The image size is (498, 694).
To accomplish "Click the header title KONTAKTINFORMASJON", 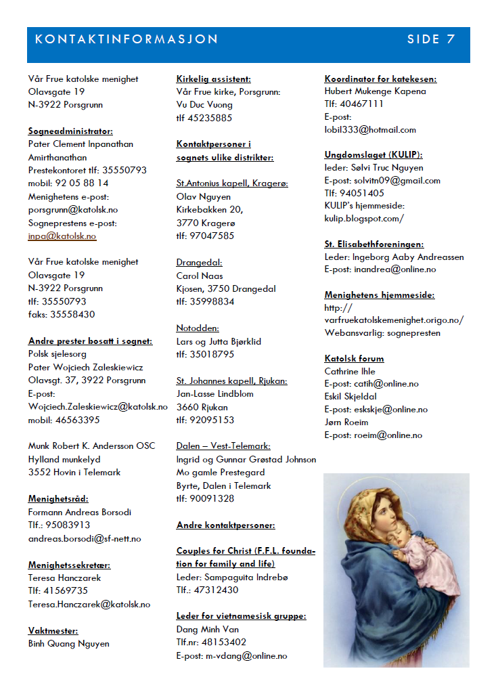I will (127, 39).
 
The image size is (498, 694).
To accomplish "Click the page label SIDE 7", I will (430, 39).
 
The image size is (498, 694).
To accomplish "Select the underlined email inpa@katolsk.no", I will (62, 236).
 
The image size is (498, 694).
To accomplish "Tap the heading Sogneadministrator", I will (70, 131).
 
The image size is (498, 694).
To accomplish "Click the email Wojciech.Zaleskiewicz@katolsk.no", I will (98, 407).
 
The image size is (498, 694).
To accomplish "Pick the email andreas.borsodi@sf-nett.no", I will (85, 538).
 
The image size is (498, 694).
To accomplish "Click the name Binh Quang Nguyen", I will (68, 644).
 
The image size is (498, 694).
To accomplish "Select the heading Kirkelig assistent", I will (213, 79).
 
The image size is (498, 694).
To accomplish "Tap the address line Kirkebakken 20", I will (210, 210).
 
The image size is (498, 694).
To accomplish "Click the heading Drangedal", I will (199, 263).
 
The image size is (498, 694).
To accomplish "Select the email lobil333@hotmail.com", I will (370, 129).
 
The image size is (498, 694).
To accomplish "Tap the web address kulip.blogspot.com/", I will (364, 218).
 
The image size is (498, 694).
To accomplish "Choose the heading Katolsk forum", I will (354, 358).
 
